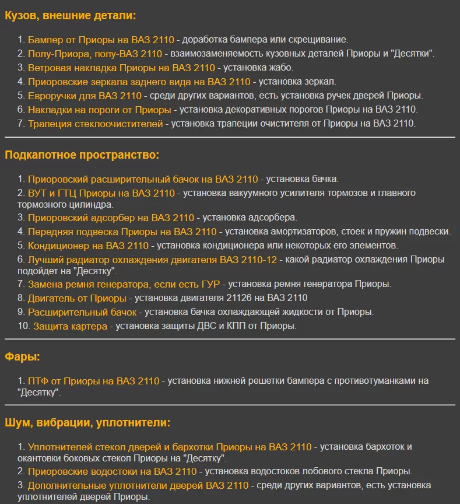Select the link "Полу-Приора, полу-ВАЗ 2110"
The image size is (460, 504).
(x=95, y=54)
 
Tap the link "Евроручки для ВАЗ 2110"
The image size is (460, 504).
(x=85, y=96)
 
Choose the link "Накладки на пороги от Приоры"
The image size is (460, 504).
(x=99, y=110)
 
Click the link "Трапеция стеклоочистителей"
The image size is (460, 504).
(x=96, y=123)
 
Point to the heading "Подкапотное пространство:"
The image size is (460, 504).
(x=82, y=155)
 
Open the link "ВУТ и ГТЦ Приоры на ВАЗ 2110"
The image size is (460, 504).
(x=101, y=193)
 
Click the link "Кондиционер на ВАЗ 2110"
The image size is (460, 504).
(x=88, y=246)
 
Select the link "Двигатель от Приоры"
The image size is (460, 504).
(x=77, y=298)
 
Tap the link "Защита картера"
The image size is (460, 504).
(x=70, y=326)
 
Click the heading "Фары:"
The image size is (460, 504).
(x=22, y=357)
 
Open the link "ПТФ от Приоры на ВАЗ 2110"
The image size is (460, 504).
(x=93, y=381)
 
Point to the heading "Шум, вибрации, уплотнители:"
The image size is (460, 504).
(x=87, y=422)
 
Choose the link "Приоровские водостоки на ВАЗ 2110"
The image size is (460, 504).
(x=113, y=471)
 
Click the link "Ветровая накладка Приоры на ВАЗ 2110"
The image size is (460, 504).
(x=121, y=68)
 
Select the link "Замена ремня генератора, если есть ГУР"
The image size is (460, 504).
(x=124, y=284)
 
